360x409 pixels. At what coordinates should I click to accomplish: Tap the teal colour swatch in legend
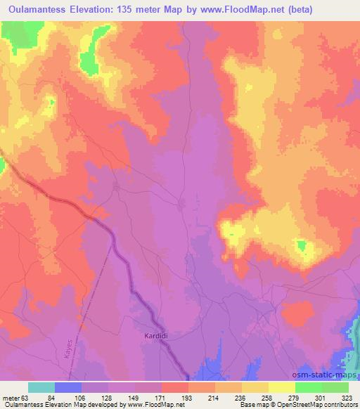[x=41, y=387]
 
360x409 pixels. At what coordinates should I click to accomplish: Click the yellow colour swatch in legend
[x=282, y=387]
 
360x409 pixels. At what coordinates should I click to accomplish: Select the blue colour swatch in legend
[x=68, y=387]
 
